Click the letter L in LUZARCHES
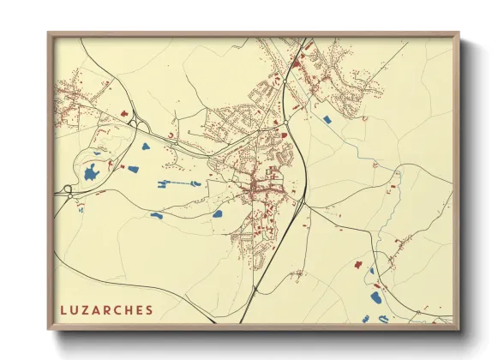(x=62, y=310)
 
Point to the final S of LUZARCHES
(x=150, y=310)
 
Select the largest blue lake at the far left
(x=91, y=174)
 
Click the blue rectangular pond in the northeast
(x=326, y=119)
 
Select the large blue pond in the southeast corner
(x=375, y=298)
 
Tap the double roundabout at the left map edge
(x=69, y=190)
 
